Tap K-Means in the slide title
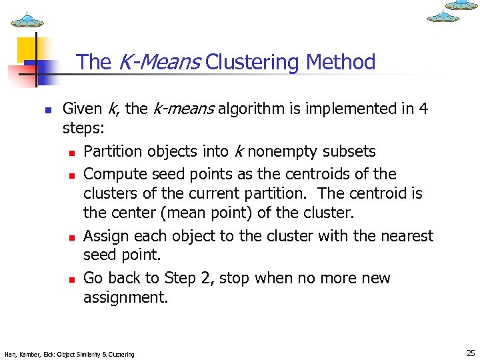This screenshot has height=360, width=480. coord(160,63)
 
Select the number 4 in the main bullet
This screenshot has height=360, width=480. coord(423,109)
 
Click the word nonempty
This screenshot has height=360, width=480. coord(282,151)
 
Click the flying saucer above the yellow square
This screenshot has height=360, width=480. coord(27,20)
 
